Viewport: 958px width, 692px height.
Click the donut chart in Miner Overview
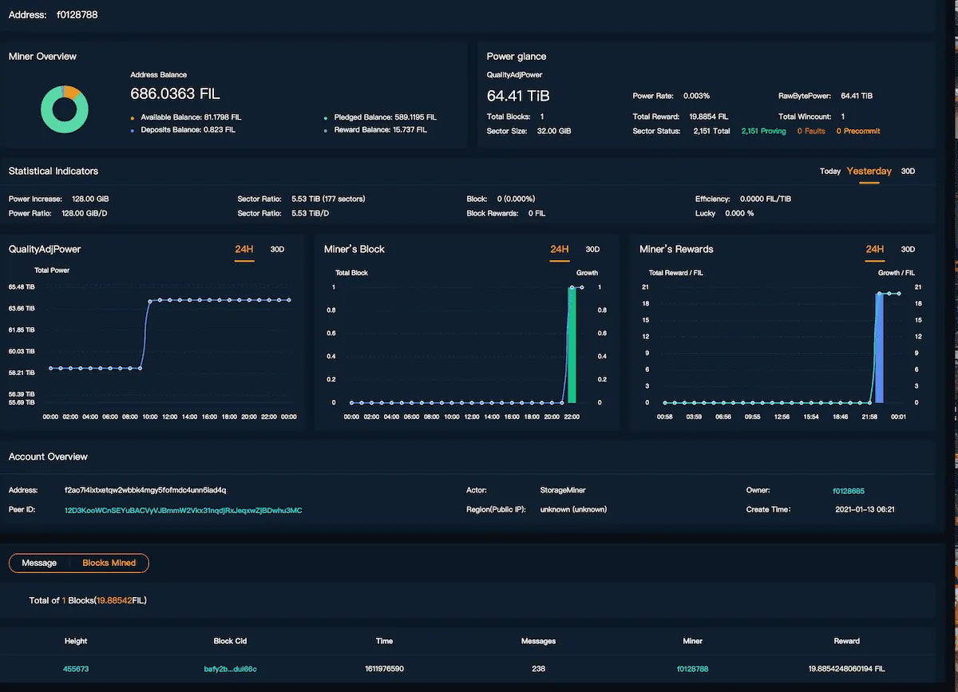pos(65,109)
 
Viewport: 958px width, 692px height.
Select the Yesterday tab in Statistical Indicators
pos(869,172)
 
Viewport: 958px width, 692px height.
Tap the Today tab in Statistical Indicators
pos(829,172)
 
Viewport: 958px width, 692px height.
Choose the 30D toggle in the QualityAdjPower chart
pos(277,250)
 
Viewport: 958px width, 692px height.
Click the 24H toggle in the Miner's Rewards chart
pos(875,250)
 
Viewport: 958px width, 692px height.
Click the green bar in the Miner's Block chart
pos(572,345)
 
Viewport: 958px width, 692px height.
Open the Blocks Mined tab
pos(109,563)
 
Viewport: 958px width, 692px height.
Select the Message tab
pos(39,563)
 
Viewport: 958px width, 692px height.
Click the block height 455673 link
pos(76,669)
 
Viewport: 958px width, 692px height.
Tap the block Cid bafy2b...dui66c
pos(224,669)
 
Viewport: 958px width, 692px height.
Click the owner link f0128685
pos(848,491)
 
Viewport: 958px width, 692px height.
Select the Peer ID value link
pos(183,510)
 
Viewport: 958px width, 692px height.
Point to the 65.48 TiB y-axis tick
pos(22,287)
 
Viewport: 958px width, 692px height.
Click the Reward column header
pos(846,641)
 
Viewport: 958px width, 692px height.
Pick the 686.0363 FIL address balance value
pos(175,94)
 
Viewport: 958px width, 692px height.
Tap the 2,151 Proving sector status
pos(763,131)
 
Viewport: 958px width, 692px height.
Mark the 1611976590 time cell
pos(384,669)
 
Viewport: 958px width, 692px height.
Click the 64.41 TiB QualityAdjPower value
pos(518,97)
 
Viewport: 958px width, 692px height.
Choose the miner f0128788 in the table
pos(692,669)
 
